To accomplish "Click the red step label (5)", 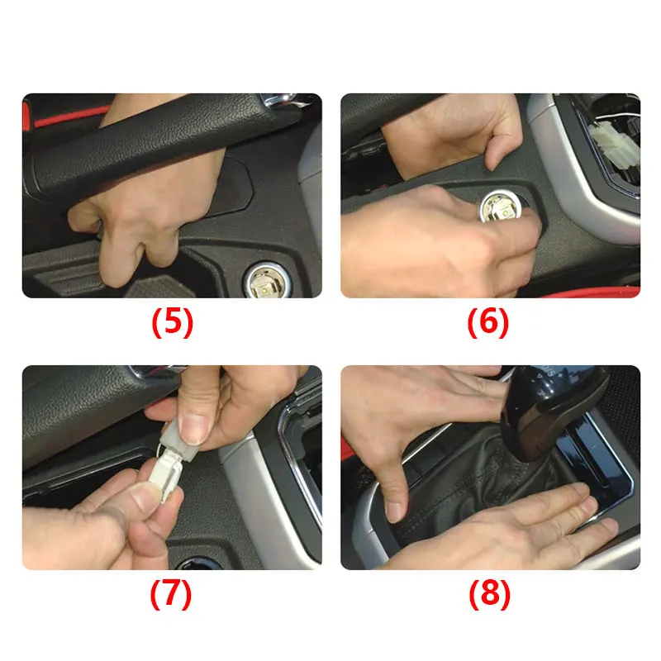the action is tap(172, 322).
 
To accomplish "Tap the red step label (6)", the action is tap(488, 322).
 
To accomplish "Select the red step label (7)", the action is tap(171, 594).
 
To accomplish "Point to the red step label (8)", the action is tap(489, 594).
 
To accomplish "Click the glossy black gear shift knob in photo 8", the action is tap(552, 411).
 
